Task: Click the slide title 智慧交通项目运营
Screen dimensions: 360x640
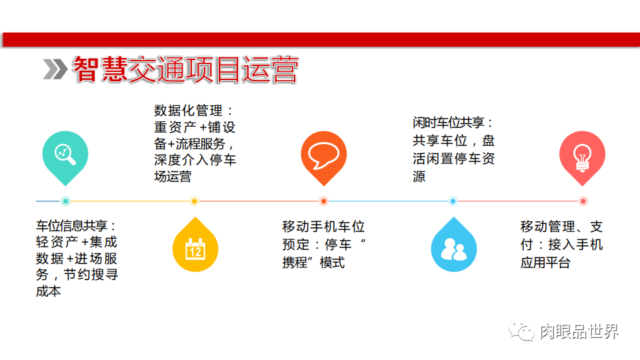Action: [185, 69]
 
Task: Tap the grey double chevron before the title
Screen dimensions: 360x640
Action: [55, 69]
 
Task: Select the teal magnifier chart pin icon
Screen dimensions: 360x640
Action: [65, 155]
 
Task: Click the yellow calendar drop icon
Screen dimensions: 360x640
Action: [195, 247]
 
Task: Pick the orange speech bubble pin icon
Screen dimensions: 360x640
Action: [324, 155]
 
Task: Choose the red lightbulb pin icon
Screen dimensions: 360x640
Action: [583, 155]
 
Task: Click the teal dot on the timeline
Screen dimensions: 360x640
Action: [65, 201]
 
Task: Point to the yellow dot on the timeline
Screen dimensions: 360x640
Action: [195, 201]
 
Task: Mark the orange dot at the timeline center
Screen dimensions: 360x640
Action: [324, 201]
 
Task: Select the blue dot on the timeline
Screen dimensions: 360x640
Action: [453, 201]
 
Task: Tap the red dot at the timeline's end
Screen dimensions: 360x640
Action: [583, 201]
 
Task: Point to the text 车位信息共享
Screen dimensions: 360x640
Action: [73, 227]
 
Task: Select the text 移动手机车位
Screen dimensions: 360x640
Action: [323, 227]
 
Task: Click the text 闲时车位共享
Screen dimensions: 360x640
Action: [449, 123]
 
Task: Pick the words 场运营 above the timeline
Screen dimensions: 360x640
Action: [173, 176]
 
